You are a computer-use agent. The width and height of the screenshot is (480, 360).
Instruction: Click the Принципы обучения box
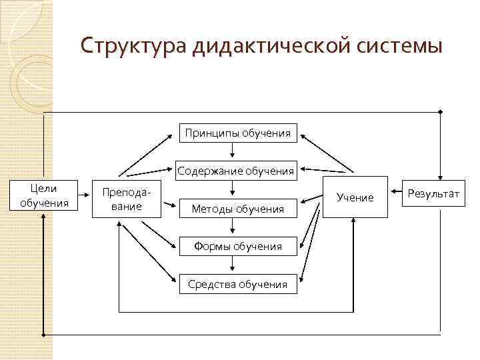coord(237,133)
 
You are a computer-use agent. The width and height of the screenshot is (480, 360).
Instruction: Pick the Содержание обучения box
coord(235,171)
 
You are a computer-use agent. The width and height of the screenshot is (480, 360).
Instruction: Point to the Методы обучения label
coord(237,209)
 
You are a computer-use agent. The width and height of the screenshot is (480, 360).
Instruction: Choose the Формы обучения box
coord(237,247)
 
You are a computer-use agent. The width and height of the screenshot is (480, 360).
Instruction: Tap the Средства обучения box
coord(237,285)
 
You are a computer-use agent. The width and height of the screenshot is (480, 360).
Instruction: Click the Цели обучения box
coord(44,196)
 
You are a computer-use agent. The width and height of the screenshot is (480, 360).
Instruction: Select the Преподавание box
coord(126,198)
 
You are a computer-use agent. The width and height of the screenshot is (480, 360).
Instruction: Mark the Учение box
coord(355,198)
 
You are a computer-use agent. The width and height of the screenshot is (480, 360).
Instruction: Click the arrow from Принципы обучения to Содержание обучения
coord(237,153)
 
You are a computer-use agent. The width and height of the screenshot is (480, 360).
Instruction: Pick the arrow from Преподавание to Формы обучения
coord(161,233)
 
